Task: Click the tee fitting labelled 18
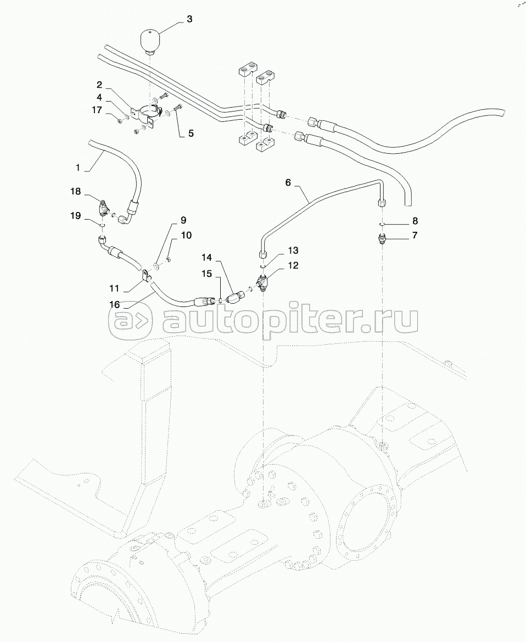(x=103, y=208)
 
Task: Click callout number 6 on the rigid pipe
(x=288, y=182)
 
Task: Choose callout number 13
(x=293, y=251)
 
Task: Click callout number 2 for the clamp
(x=99, y=85)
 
